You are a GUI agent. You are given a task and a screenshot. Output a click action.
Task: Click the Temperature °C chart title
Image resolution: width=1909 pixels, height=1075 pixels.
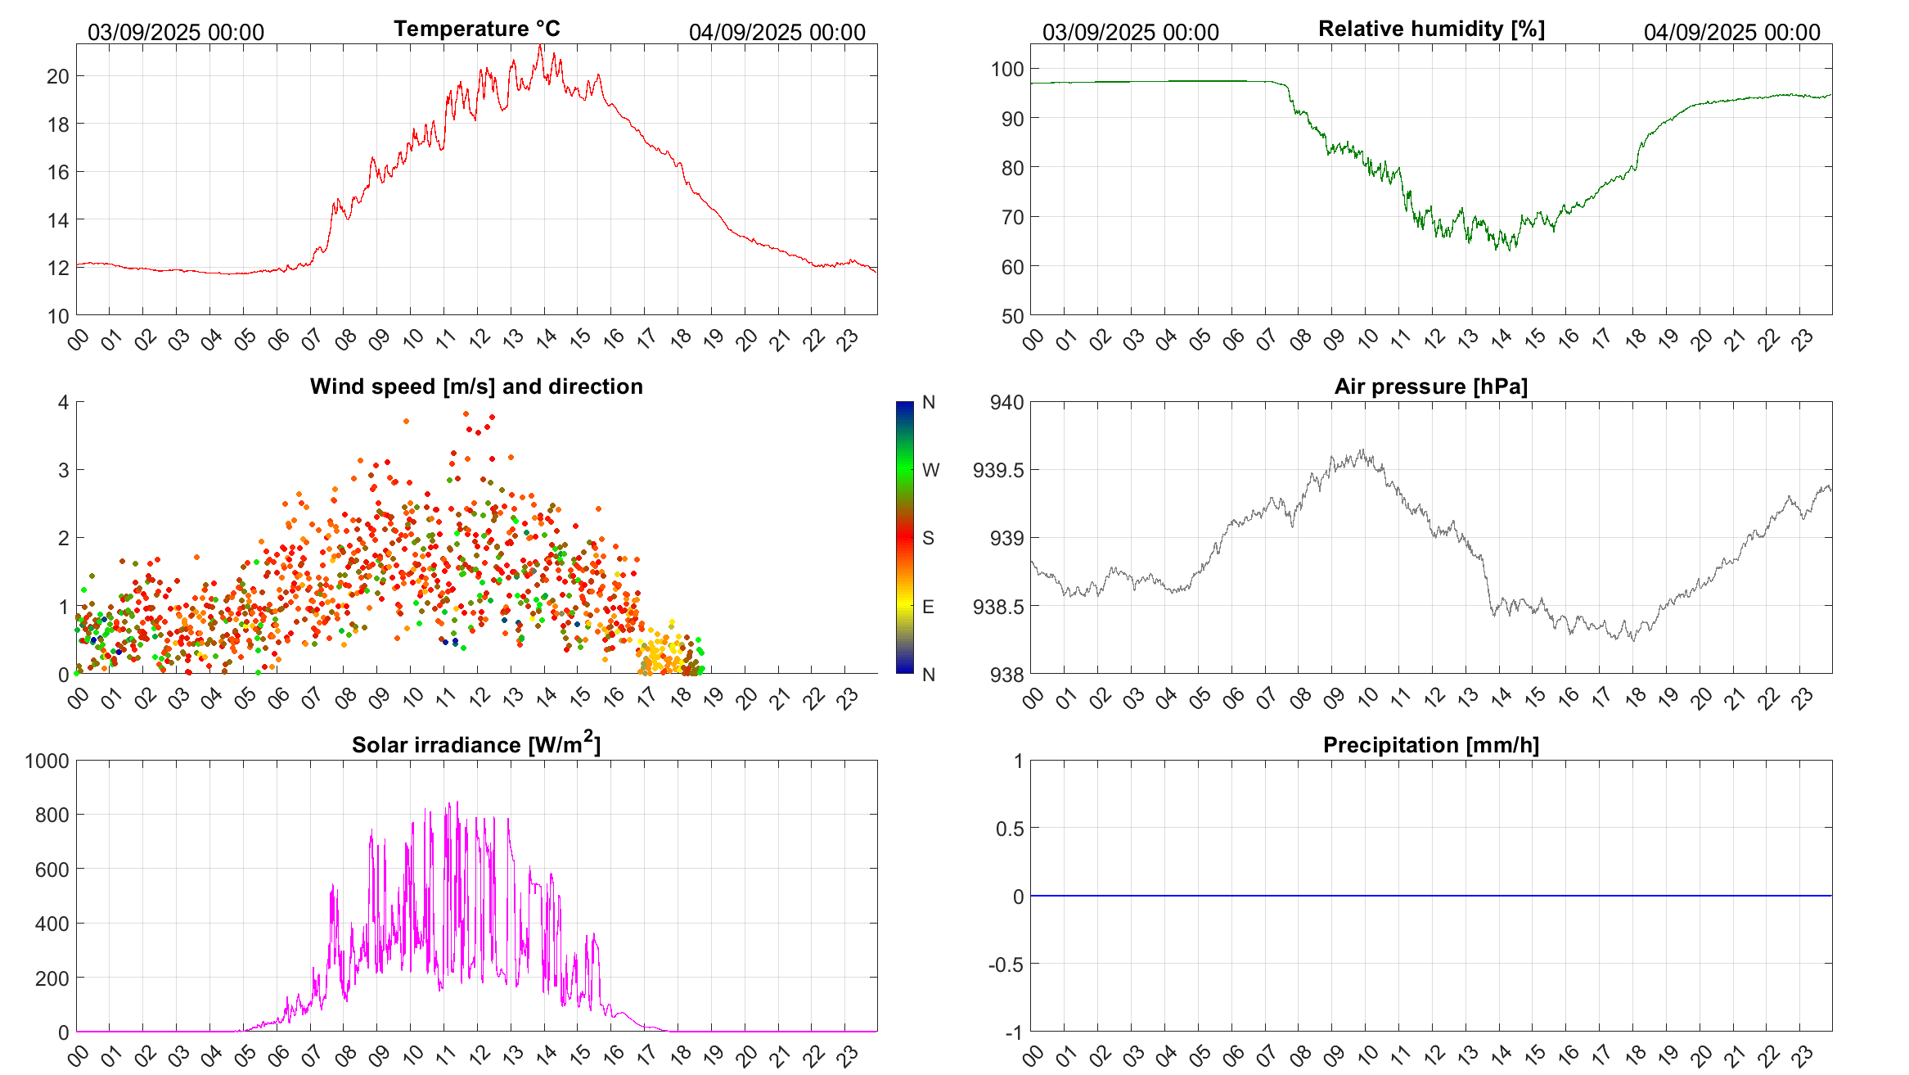pos(476,29)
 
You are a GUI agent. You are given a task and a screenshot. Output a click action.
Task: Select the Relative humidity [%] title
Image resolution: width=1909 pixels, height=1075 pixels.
pos(1431,29)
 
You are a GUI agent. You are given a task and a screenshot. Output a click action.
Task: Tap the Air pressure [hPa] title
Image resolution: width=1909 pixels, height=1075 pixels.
pos(1430,386)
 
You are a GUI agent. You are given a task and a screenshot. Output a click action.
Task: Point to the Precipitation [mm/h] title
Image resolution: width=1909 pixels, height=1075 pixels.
pos(1430,745)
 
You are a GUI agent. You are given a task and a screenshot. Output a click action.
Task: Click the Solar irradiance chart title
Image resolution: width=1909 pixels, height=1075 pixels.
pos(476,744)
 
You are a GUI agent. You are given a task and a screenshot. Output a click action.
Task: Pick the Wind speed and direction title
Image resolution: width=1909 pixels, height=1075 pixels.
pos(476,386)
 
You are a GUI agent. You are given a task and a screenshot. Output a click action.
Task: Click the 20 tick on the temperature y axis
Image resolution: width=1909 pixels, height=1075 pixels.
pos(58,76)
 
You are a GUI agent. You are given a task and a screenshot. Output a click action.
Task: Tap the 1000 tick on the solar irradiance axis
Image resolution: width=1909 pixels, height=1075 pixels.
pos(47,761)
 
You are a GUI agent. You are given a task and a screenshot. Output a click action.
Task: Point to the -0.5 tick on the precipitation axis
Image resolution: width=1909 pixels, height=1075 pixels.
pos(1006,964)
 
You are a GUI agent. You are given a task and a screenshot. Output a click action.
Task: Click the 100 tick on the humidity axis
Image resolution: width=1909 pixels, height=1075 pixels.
pos(1007,69)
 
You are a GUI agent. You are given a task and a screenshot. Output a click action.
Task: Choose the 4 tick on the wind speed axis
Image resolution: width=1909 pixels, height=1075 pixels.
pos(64,402)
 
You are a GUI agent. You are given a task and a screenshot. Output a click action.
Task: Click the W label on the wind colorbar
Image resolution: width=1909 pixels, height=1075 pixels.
pos(930,470)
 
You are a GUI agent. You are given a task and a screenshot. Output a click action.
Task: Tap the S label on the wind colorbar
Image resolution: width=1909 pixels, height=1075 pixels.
pos(928,538)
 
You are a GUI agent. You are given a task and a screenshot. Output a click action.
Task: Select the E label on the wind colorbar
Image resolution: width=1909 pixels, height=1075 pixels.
pos(928,607)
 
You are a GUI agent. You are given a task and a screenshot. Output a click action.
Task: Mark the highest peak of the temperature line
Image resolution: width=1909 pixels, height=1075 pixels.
pos(541,46)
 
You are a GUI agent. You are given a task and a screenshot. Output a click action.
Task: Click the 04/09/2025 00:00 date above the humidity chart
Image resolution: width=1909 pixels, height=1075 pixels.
pos(1731,32)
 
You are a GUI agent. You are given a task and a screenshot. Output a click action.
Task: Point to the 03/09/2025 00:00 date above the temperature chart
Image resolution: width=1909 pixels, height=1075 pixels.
pos(176,32)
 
